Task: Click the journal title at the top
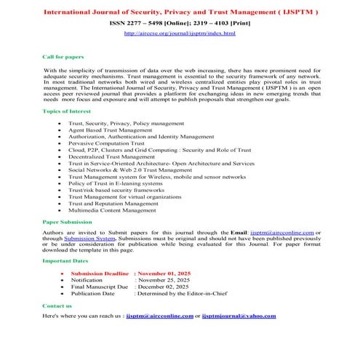[x=180, y=12]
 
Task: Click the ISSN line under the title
[x=180, y=23]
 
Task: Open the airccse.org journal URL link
[x=180, y=33]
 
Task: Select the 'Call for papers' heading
[x=64, y=55]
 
